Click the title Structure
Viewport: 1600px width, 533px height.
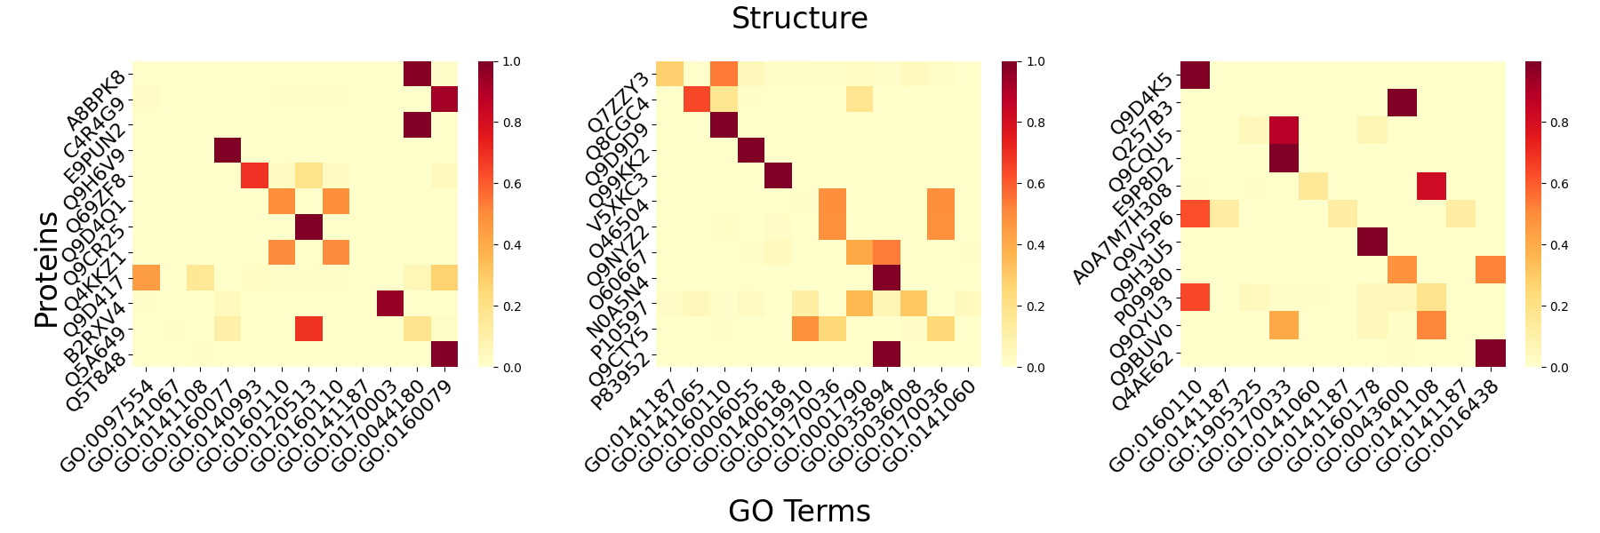point(799,19)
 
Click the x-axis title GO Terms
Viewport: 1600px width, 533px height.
point(799,511)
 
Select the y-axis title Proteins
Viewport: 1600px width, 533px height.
point(46,269)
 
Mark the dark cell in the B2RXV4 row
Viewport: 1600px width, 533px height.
point(390,304)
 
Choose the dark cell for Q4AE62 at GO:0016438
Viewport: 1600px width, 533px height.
point(1491,354)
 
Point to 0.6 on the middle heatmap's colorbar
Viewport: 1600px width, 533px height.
point(1036,184)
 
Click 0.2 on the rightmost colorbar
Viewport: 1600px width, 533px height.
point(1560,306)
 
